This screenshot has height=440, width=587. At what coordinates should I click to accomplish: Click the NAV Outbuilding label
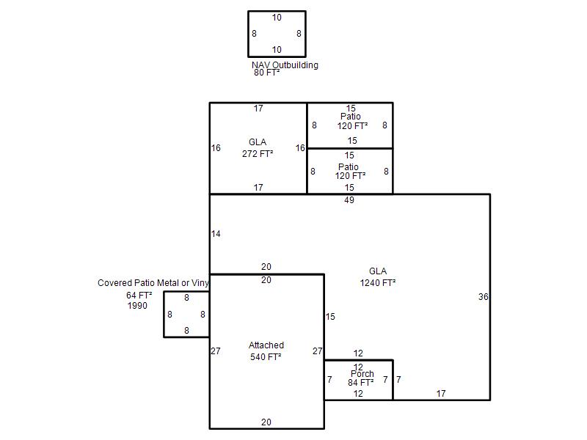tap(285, 65)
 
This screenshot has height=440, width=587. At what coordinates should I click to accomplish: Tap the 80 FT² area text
tap(267, 73)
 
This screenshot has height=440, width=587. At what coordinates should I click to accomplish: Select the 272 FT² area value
tap(258, 153)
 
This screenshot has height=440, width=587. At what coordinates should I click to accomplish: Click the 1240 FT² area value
tap(378, 283)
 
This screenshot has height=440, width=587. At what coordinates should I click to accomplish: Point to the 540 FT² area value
tap(266, 357)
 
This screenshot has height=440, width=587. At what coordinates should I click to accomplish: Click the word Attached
tap(266, 345)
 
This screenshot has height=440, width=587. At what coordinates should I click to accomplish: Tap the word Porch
tap(362, 374)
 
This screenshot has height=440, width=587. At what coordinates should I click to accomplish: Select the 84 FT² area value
tap(360, 382)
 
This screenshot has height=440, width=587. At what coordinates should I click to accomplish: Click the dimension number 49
tap(349, 200)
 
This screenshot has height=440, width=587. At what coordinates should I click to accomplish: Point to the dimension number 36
tap(484, 297)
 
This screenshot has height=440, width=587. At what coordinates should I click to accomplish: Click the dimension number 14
tap(216, 234)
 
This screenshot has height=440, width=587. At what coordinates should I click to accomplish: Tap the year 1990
tap(137, 306)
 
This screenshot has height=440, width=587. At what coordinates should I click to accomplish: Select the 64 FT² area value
tap(139, 296)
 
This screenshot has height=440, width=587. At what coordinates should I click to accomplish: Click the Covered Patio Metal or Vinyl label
tap(153, 283)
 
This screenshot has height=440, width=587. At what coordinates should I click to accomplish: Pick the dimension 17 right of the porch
tap(441, 394)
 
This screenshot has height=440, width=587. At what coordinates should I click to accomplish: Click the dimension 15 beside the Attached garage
tap(330, 317)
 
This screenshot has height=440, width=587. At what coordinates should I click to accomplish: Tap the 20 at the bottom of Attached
tap(266, 422)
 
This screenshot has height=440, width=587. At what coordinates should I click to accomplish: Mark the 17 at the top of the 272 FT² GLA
tap(258, 109)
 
